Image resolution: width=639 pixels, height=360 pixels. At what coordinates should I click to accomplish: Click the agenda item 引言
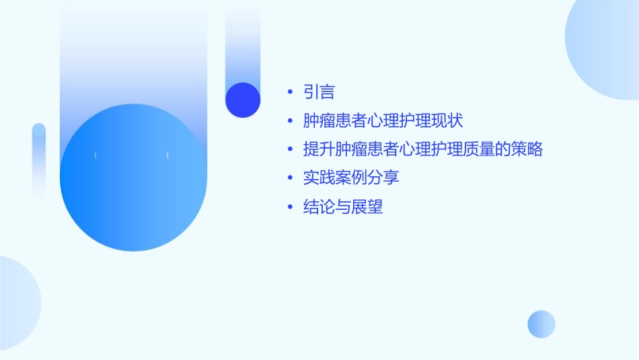[x=319, y=92]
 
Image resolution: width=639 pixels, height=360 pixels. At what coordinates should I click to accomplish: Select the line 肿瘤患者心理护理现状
[x=383, y=121]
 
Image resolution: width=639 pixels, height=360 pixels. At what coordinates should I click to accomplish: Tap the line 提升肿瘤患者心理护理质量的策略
[x=422, y=149]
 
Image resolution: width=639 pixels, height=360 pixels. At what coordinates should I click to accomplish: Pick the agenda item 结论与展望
[x=343, y=207]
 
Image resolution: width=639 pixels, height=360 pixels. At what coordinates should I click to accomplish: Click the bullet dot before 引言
[x=289, y=92]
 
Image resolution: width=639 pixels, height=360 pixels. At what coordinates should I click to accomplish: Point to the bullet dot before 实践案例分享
[x=289, y=178]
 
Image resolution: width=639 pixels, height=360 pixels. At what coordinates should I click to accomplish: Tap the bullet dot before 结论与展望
[x=289, y=207]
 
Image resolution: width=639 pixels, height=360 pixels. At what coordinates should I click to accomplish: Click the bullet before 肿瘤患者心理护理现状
[x=289, y=121]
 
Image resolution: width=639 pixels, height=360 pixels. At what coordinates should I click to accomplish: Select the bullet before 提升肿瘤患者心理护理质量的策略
[x=289, y=149]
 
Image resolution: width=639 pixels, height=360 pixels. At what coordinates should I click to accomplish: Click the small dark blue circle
[x=243, y=100]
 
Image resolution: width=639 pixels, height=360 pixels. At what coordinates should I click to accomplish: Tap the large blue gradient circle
[x=133, y=178]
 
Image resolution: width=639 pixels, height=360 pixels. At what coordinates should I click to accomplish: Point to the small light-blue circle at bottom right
[x=541, y=324]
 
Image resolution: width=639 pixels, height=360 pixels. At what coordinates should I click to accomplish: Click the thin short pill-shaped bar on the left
[x=39, y=158]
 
